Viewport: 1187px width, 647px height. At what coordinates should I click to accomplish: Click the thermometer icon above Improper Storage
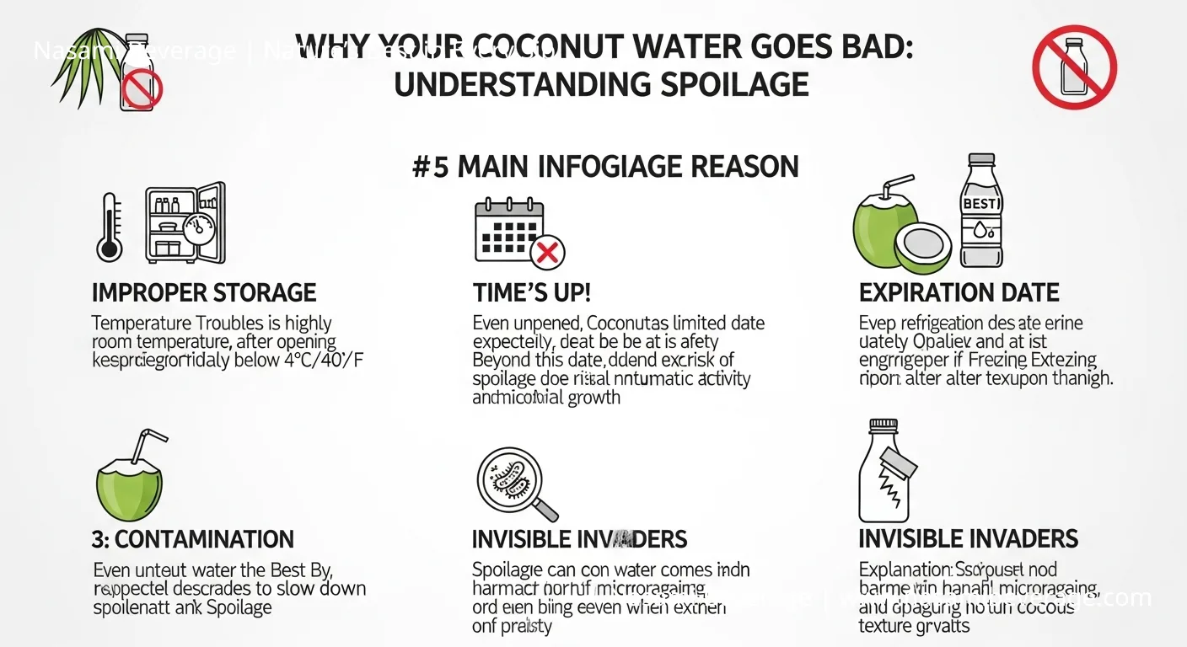coord(109,225)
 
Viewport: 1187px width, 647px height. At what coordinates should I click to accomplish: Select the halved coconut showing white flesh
coord(922,247)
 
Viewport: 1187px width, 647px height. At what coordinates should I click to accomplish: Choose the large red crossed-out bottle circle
coord(1074,67)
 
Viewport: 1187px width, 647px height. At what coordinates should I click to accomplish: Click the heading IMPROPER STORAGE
coord(204,293)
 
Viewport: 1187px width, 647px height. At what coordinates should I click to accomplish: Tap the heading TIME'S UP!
coord(531,293)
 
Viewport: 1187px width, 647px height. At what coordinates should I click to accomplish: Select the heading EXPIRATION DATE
coord(959,293)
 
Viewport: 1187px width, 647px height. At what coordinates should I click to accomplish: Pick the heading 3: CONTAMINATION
coord(192,539)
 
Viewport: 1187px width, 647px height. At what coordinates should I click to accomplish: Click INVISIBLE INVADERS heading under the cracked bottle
coord(968,539)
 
